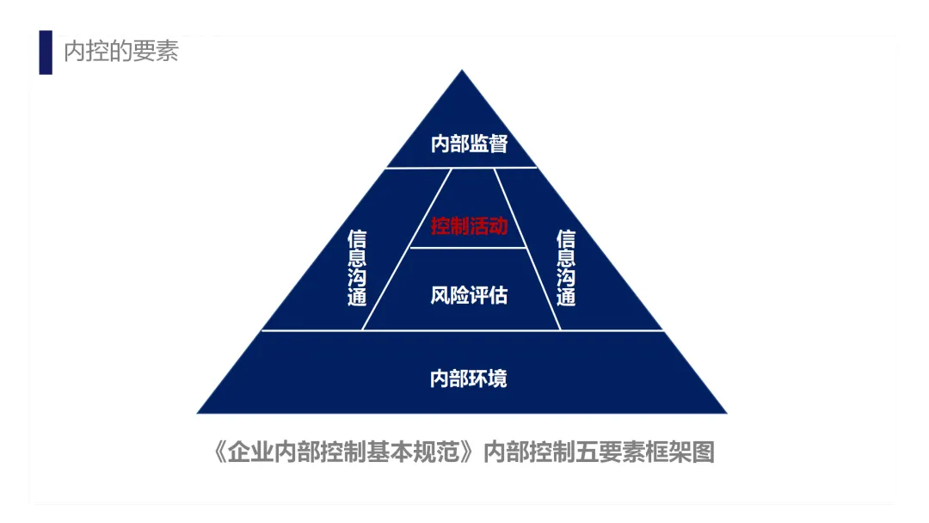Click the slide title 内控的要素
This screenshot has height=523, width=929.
(x=121, y=52)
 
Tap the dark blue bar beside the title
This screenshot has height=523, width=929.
(x=46, y=52)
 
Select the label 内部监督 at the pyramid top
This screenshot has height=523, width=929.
(x=469, y=144)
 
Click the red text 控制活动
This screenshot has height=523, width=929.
(x=469, y=227)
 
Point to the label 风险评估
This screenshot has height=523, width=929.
(x=469, y=296)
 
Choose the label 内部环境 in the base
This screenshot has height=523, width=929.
(x=469, y=378)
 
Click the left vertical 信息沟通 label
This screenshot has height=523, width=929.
(x=357, y=268)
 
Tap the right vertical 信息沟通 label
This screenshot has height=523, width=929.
(x=565, y=268)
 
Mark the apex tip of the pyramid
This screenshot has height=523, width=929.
(x=463, y=72)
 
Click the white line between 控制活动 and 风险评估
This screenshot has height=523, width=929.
(x=469, y=248)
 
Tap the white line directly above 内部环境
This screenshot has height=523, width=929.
(x=463, y=330)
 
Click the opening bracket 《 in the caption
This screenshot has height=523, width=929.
(x=220, y=452)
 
